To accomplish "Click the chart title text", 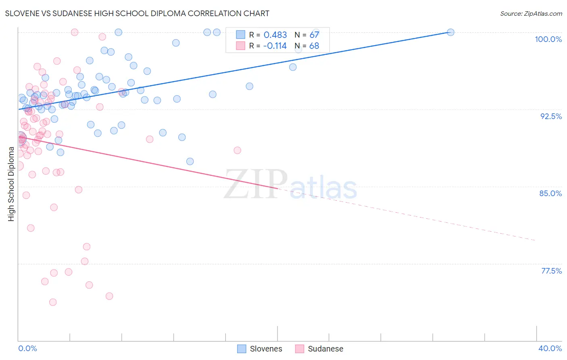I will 137,13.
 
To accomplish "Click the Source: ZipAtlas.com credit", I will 531,13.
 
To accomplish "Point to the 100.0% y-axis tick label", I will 548,39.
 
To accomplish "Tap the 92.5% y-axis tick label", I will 551,116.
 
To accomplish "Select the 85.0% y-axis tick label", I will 550,193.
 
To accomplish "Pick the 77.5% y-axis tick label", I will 551,271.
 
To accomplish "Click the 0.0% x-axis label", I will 27,348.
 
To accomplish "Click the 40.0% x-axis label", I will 550,348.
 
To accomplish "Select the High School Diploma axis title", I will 11,184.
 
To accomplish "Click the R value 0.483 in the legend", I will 275,35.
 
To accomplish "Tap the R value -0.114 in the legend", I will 275,46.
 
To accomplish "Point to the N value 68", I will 314,46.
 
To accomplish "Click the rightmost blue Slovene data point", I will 450,32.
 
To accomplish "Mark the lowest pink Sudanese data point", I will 53,302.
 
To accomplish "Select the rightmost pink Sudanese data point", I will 238,151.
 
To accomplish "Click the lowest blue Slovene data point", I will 190,161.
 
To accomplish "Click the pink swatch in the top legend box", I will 240,46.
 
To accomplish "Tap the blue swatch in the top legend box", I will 240,35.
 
